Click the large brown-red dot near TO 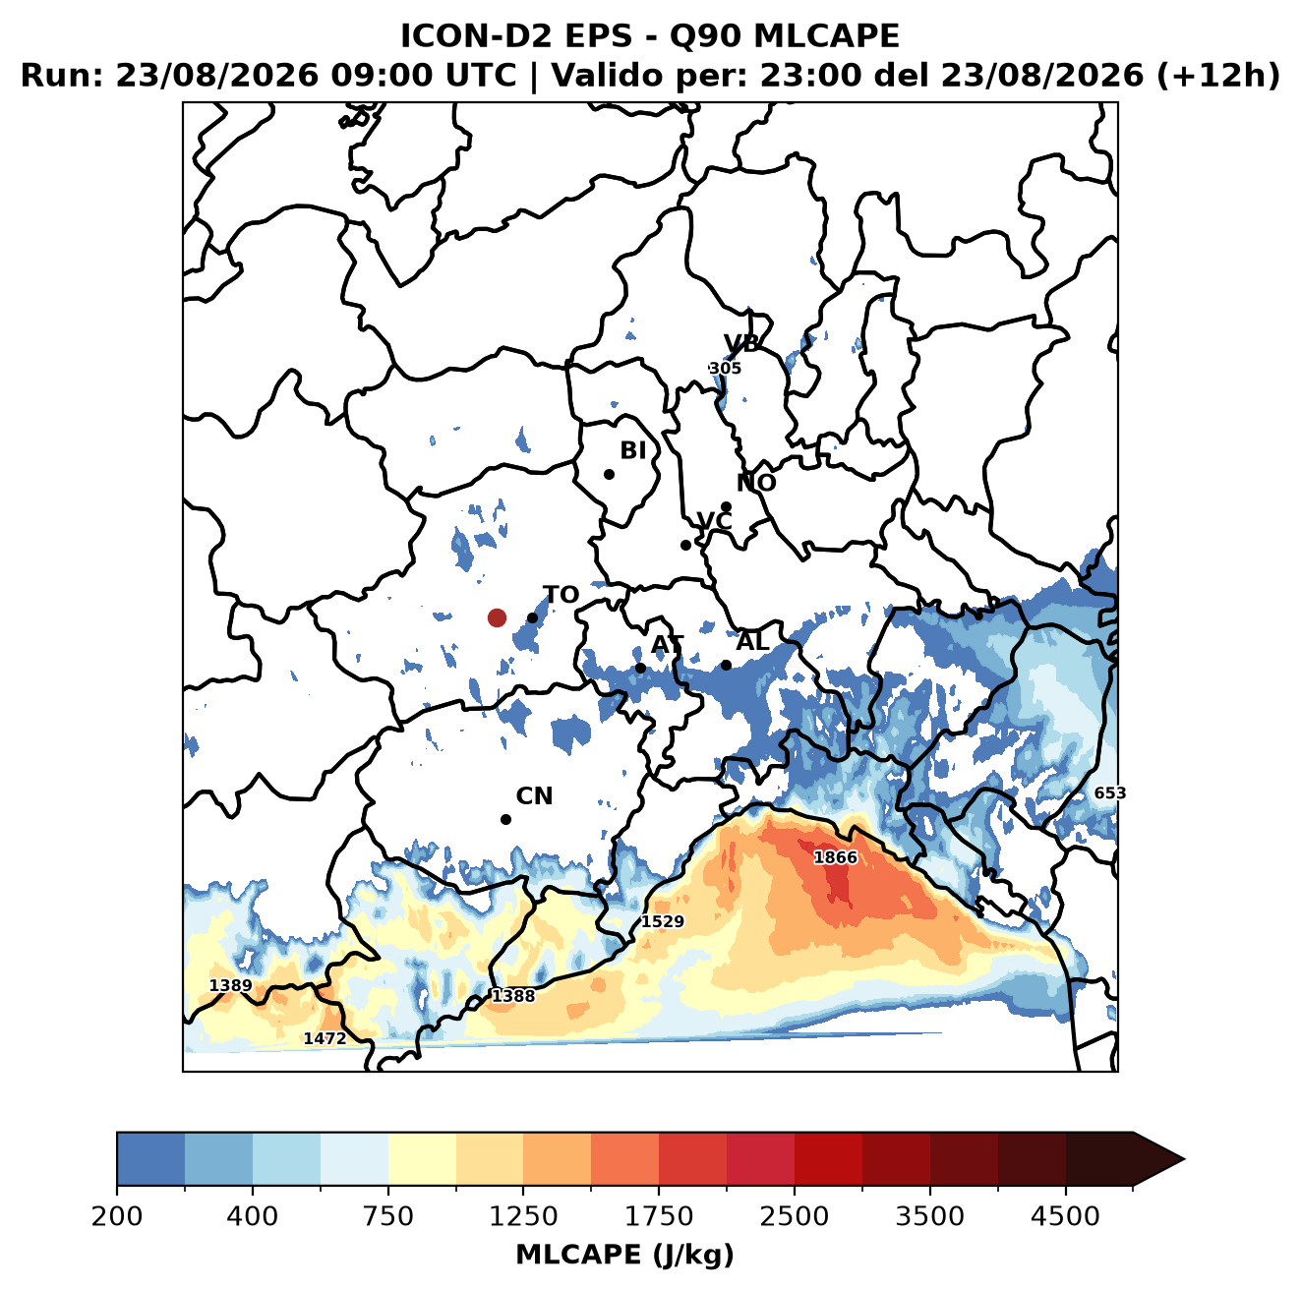click(x=497, y=617)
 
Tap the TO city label click(x=562, y=595)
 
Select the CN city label click(x=534, y=796)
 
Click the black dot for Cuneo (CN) click(x=505, y=819)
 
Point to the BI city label click(x=633, y=450)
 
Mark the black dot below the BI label click(x=609, y=475)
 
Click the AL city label click(x=753, y=641)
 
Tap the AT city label click(x=667, y=645)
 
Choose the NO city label click(x=756, y=483)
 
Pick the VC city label click(x=714, y=521)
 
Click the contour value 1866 click(x=835, y=857)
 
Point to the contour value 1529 click(x=663, y=921)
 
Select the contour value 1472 click(x=325, y=1038)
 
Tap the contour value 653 click(x=1110, y=793)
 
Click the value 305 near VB click(x=726, y=368)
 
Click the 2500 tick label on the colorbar click(x=794, y=1215)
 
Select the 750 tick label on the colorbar click(x=387, y=1215)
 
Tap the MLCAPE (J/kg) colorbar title click(x=624, y=1255)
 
